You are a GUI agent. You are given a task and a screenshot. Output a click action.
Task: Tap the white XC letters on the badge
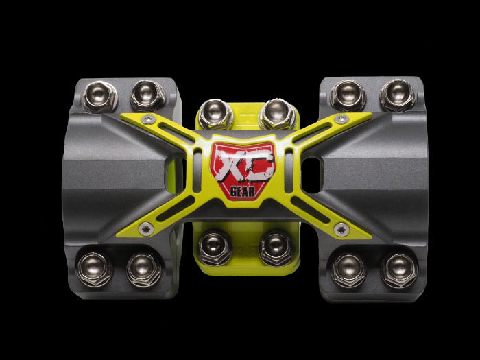coord(239,166)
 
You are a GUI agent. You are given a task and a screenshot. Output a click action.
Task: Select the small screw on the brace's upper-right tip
coord(340,119)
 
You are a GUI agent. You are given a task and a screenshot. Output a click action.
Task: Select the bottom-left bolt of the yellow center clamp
coord(215,245)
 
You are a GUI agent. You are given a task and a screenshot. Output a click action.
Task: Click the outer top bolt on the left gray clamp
coord(100,95)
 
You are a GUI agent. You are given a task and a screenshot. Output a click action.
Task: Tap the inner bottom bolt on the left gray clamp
coord(143,268)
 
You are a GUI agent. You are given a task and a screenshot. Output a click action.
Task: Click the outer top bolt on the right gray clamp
coord(398,95)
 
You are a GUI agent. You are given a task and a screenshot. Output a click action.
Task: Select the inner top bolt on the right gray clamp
coord(348,95)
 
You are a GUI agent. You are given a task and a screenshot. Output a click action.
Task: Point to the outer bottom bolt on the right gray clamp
coord(398,269)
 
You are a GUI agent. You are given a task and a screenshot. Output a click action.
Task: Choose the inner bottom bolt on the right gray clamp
coord(348,269)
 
